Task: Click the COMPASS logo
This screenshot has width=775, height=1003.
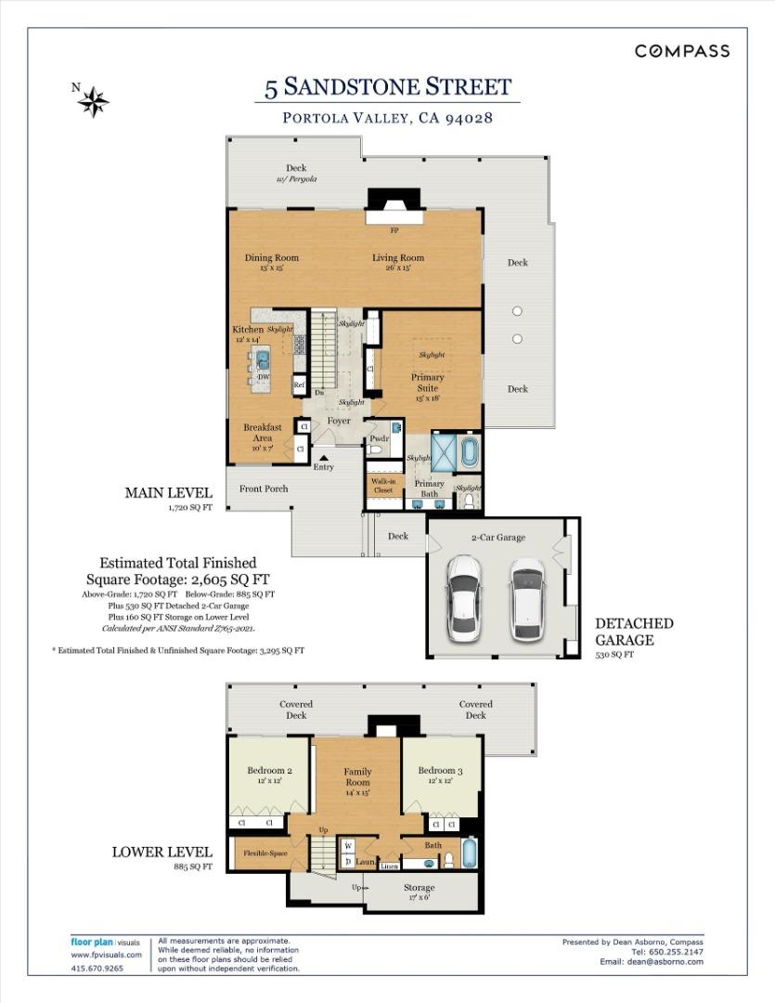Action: [x=682, y=51]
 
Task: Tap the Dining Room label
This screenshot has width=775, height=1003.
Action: [x=272, y=258]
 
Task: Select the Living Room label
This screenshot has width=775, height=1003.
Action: [x=398, y=258]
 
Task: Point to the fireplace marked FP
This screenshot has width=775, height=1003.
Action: [x=394, y=229]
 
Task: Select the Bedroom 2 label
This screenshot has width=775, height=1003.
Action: [x=270, y=771]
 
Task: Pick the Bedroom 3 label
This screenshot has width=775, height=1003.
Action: [x=440, y=771]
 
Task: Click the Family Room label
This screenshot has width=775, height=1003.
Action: [x=357, y=777]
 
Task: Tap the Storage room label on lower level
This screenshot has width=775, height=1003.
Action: [x=420, y=888]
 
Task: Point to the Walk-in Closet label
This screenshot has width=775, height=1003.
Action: [x=383, y=486]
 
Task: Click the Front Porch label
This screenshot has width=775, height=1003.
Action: [x=264, y=488]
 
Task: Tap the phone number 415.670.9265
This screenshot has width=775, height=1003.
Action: [x=97, y=969]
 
